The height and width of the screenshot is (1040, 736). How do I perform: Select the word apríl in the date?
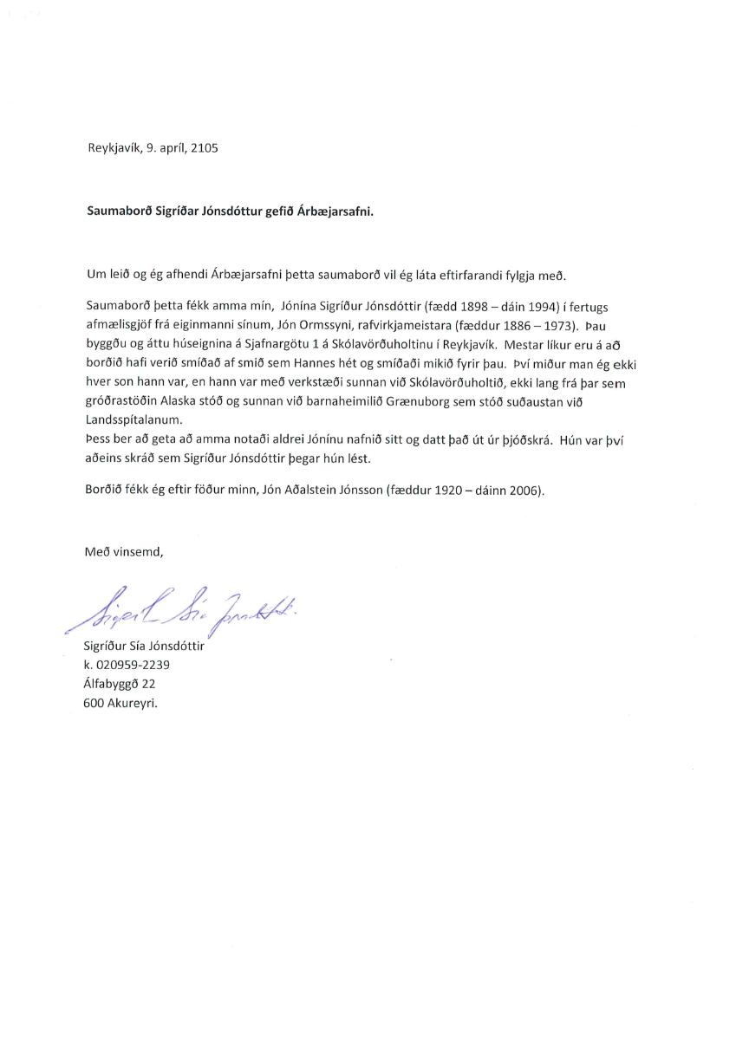(170, 148)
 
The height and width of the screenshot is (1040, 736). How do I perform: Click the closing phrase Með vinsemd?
(124, 551)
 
